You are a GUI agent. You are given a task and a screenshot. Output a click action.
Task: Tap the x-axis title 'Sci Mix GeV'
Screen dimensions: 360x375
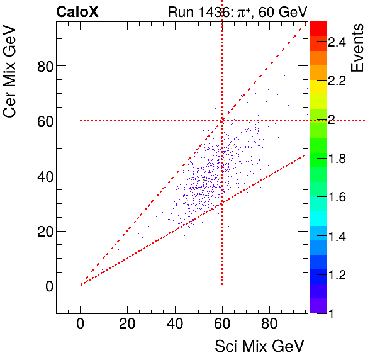[x=259, y=346]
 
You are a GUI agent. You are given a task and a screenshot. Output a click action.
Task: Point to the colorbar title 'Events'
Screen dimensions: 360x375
[x=359, y=48]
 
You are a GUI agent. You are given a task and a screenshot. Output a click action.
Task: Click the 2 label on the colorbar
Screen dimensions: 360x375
[x=332, y=120]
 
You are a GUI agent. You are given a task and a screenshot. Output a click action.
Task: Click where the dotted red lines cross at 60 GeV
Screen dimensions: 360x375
[x=222, y=121]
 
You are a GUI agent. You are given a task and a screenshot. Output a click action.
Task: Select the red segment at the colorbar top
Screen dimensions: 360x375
[x=318, y=27]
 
